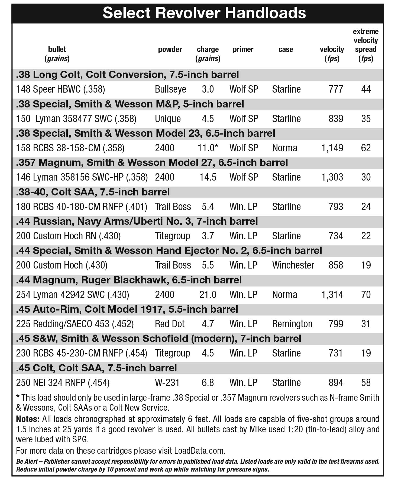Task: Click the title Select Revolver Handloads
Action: pyautogui.click(x=204, y=13)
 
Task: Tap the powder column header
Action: pyautogui.click(x=170, y=50)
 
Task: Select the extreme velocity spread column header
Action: pyautogui.click(x=365, y=45)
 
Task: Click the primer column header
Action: pyautogui.click(x=243, y=50)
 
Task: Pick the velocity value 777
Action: pyautogui.click(x=336, y=89)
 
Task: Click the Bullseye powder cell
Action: pyautogui.click(x=170, y=89)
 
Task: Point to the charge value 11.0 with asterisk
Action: pyautogui.click(x=208, y=148)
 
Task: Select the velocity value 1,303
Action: pyautogui.click(x=332, y=177)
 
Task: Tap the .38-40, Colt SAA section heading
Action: pyautogui.click(x=93, y=192)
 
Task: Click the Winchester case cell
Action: pyautogui.click(x=293, y=265)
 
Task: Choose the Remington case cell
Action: pyautogui.click(x=292, y=324)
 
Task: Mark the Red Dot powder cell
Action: pyautogui.click(x=170, y=324)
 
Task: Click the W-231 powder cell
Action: pyautogui.click(x=167, y=383)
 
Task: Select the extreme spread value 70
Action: pyautogui.click(x=366, y=295)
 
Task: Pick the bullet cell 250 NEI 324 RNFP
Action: pyautogui.click(x=63, y=383)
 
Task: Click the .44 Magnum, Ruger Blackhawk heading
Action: pyautogui.click(x=129, y=280)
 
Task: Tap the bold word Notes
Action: pyautogui.click(x=28, y=419)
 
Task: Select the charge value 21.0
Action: pyautogui.click(x=208, y=295)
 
